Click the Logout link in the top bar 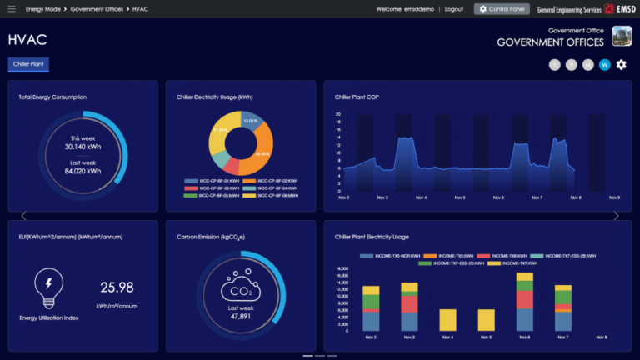point(454,8)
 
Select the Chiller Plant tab point(28,64)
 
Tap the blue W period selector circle point(605,65)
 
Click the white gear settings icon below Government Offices point(621,65)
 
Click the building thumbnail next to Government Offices point(622,36)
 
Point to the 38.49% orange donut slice point(263,149)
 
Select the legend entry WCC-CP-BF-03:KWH point(212,187)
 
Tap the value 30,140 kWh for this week point(83,147)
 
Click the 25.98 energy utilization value point(117,287)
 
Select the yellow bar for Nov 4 point(447,320)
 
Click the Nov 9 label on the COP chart point(614,197)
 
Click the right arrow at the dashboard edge point(616,216)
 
